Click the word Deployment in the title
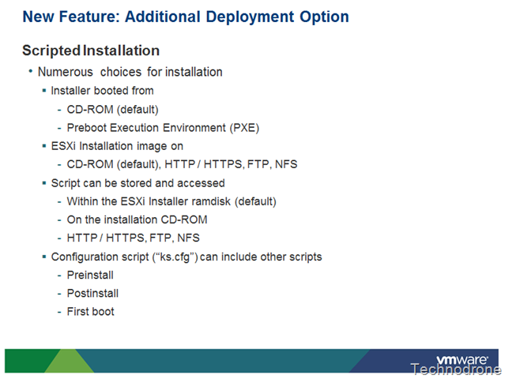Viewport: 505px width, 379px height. [x=250, y=17]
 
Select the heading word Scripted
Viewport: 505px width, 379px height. [x=51, y=51]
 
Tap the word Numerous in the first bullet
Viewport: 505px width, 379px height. [x=66, y=72]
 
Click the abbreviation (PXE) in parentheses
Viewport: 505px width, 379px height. [x=244, y=128]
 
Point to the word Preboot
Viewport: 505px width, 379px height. [x=87, y=128]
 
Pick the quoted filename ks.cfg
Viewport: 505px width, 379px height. [x=175, y=257]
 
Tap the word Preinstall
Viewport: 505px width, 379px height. [x=90, y=275]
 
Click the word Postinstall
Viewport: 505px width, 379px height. [x=92, y=294]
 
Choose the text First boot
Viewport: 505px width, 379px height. [x=91, y=311]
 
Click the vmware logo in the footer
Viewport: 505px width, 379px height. [x=462, y=359]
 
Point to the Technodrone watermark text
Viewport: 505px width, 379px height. [x=455, y=370]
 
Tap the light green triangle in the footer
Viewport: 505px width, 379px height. [x=69, y=361]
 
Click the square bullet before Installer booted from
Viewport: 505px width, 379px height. [x=44, y=91]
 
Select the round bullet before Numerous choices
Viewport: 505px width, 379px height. [x=31, y=71]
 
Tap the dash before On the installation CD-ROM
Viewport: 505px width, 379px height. [x=59, y=220]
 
